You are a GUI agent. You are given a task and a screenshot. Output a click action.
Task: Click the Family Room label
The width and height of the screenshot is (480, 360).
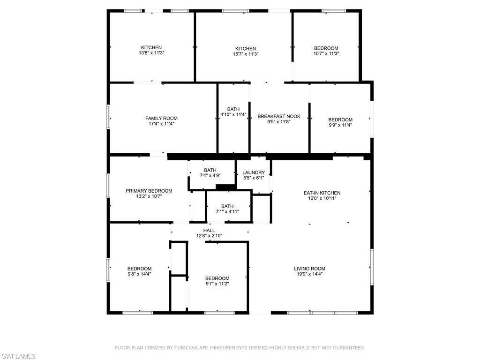point(161,118)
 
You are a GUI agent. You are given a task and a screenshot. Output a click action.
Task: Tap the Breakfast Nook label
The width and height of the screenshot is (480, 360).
point(279,116)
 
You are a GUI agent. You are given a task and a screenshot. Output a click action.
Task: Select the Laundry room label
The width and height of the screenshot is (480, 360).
point(254,172)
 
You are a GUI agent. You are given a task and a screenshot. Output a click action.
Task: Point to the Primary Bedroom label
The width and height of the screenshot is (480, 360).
point(149,191)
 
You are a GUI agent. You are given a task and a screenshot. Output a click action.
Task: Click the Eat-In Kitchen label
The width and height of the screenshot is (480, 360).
point(322,193)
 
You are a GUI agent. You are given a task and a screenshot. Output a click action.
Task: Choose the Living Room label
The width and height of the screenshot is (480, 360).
point(309,269)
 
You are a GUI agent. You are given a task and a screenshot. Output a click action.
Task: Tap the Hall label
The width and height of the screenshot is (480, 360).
point(209,230)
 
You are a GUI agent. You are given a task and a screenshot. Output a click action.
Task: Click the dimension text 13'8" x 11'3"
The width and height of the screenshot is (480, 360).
point(151,53)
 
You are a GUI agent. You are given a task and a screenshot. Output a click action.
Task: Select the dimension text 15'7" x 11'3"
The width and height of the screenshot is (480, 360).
point(246,54)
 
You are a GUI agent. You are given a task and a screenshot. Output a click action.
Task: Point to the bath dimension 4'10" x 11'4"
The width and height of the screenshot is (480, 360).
point(233,114)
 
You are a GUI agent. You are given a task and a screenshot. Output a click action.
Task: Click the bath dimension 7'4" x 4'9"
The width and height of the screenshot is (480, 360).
point(210,175)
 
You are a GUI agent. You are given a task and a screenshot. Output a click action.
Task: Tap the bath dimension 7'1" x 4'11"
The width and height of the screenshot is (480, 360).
point(227,211)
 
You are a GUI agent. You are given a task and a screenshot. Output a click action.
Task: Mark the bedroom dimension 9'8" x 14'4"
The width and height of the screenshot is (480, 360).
point(139,274)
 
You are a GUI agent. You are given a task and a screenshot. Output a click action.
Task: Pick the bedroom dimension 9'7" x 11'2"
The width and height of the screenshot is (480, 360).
point(217,283)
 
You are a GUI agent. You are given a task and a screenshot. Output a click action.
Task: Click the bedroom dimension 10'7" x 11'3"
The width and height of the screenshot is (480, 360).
point(326,53)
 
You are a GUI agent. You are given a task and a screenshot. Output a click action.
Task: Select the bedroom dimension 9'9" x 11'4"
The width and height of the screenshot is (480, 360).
point(340,125)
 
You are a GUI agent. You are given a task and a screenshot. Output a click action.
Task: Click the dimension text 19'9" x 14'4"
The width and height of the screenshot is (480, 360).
point(309,274)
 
